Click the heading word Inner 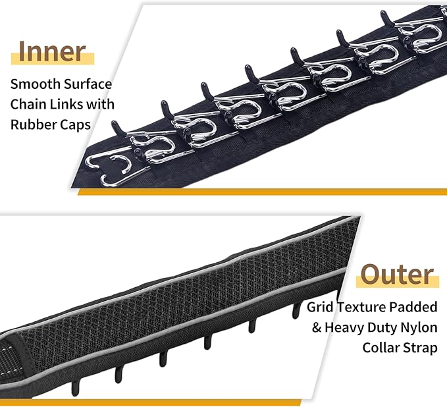click(52, 51)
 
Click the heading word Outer click(397, 275)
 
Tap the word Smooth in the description click(35, 84)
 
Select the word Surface click(88, 84)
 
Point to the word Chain click(28, 104)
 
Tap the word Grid click(320, 307)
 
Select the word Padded click(413, 307)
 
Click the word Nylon click(419, 328)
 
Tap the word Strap click(421, 348)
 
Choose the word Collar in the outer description click(382, 348)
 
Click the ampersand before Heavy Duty click(317, 327)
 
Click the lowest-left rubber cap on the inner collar click(138, 152)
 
